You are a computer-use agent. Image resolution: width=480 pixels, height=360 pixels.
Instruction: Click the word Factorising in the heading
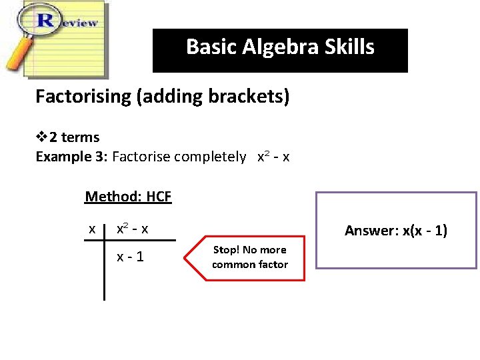click(83, 97)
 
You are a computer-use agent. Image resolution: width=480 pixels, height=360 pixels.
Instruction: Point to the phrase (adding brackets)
click(213, 97)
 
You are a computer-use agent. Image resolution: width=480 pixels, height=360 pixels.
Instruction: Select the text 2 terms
click(74, 138)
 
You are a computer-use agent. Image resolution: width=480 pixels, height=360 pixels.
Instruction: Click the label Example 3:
click(71, 157)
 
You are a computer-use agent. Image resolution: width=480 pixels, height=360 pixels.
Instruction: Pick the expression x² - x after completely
click(273, 157)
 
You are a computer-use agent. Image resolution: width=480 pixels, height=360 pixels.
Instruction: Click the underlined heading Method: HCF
click(128, 197)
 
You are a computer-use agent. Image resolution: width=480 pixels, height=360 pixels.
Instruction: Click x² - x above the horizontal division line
click(133, 229)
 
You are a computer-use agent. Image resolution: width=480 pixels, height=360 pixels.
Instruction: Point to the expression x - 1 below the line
click(131, 257)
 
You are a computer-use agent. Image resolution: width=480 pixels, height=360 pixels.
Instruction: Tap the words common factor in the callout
click(250, 265)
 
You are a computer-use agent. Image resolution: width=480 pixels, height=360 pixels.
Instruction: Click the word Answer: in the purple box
click(371, 231)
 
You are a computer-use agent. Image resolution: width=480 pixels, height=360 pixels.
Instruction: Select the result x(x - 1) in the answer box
click(423, 231)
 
